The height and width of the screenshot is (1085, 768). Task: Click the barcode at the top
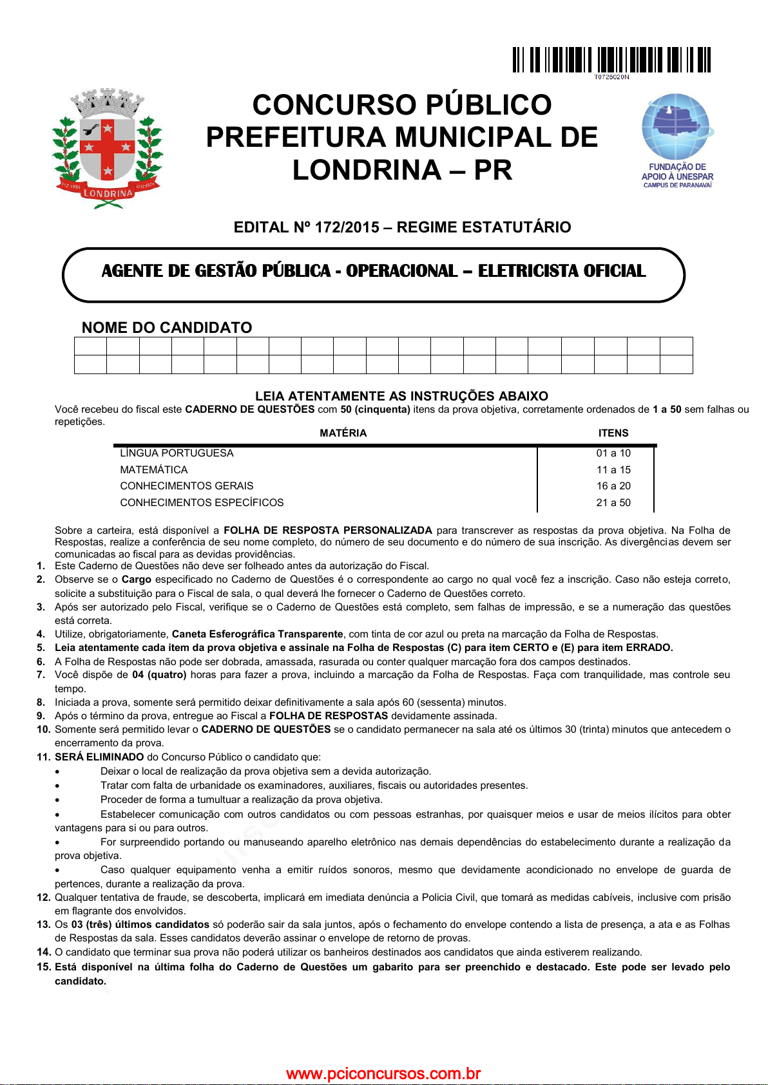[x=611, y=60]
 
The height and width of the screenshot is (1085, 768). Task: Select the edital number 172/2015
[x=347, y=227]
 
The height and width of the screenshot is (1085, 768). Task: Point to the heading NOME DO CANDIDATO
[x=167, y=328]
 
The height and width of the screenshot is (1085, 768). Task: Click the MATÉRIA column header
[x=343, y=433]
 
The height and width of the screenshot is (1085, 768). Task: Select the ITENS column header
[x=613, y=433]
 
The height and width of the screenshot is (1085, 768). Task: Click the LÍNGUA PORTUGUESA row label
[x=177, y=453]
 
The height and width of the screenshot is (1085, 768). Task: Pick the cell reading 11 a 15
[x=613, y=470]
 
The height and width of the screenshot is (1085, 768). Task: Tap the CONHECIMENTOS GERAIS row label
[x=187, y=486]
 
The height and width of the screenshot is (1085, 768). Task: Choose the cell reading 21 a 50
[x=613, y=503]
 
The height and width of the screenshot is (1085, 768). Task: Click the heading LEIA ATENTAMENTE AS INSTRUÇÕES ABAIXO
[x=401, y=396]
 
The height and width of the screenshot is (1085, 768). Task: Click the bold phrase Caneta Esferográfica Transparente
[x=257, y=634]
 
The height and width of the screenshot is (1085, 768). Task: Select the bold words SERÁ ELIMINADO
[x=99, y=757]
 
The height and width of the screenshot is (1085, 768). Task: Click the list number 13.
[x=43, y=925]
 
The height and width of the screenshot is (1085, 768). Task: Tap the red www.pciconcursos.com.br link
[x=383, y=1073]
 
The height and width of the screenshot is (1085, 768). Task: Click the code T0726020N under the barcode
[x=611, y=77]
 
